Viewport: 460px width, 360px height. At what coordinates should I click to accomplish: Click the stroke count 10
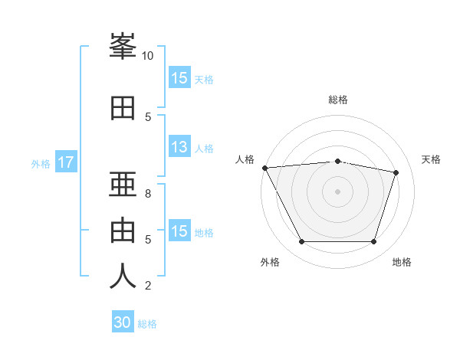click(x=148, y=55)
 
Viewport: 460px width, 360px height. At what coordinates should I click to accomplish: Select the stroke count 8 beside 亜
click(x=148, y=194)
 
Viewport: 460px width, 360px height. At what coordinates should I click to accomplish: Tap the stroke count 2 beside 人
click(x=148, y=286)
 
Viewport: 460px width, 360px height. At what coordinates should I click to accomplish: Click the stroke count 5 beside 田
click(x=148, y=116)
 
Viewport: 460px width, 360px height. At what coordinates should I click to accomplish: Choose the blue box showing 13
click(x=179, y=148)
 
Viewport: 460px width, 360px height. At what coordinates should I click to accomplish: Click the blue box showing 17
click(x=65, y=162)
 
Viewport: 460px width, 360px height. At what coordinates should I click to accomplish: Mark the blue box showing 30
click(x=123, y=322)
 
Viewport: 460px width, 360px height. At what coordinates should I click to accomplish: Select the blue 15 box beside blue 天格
click(x=179, y=78)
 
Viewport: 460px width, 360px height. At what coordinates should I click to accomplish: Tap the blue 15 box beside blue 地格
click(x=179, y=231)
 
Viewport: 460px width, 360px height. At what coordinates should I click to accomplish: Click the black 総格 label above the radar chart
click(x=338, y=100)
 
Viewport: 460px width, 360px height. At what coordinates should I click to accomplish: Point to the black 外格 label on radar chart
click(x=270, y=262)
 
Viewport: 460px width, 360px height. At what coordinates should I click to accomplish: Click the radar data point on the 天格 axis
click(x=396, y=172)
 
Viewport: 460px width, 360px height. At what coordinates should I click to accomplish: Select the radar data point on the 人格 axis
click(x=264, y=168)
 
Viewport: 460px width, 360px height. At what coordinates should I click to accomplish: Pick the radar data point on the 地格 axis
click(x=373, y=242)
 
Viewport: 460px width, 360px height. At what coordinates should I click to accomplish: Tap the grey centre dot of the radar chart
click(x=338, y=191)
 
